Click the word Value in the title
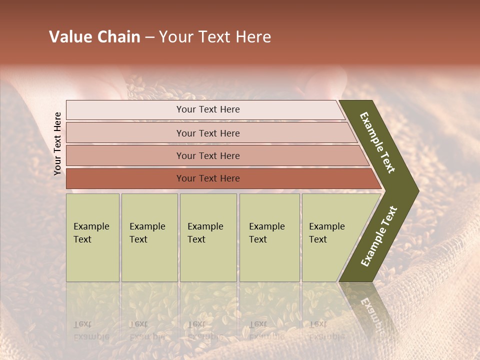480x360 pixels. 70,37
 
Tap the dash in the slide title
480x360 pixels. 150,37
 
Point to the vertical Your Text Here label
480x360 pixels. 57,143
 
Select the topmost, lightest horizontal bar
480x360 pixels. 207,109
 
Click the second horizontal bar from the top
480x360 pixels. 207,133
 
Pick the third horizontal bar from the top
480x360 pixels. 207,155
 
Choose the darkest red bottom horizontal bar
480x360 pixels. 207,178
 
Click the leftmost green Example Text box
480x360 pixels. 92,237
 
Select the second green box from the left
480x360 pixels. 149,237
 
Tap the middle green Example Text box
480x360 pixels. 208,237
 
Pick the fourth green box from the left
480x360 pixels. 269,237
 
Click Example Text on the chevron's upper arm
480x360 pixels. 377,142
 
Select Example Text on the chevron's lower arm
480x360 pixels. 378,236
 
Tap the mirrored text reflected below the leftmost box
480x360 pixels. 91,330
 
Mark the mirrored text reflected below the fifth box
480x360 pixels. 326,330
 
